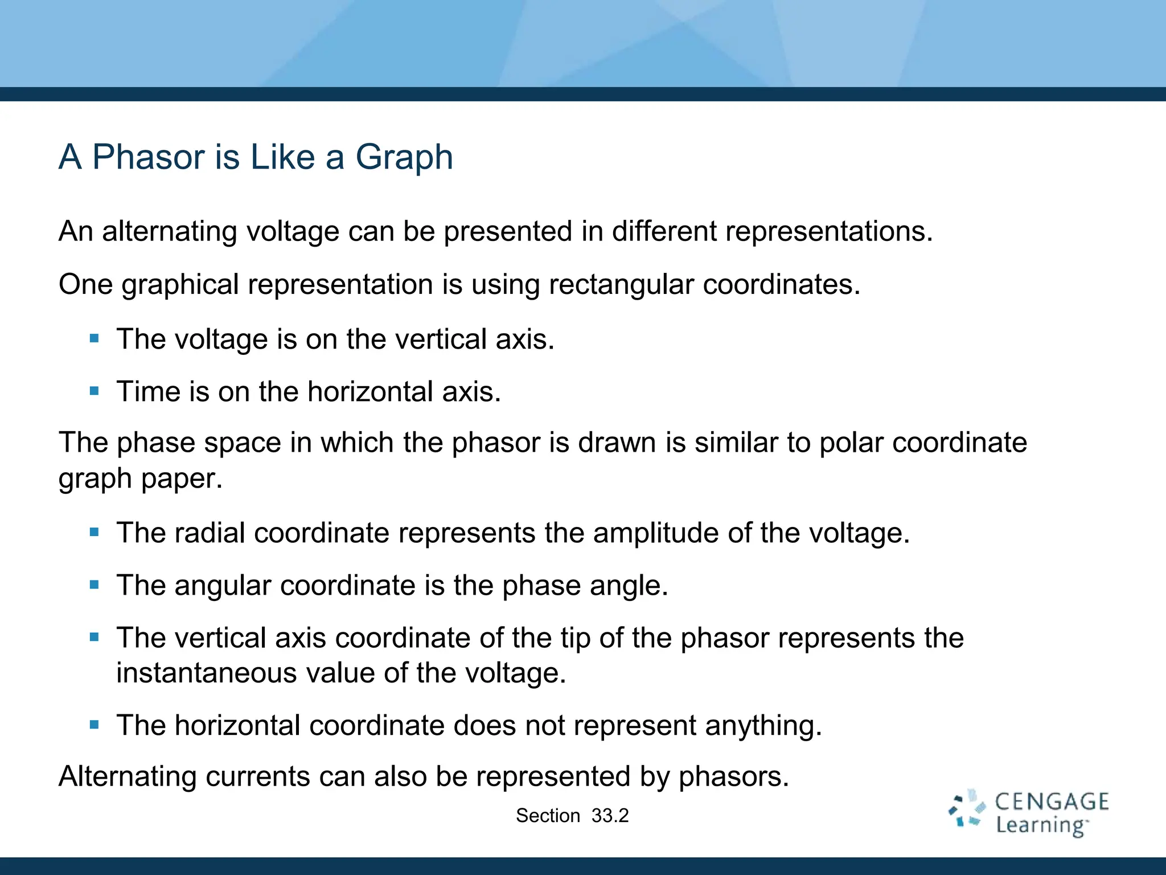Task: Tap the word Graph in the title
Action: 404,157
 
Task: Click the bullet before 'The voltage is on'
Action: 95,339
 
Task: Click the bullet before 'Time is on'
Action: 95,391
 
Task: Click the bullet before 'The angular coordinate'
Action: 95,585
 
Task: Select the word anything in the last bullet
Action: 763,726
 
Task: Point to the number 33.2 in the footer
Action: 610,816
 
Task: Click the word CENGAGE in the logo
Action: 1052,802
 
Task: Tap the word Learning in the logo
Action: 1041,825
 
